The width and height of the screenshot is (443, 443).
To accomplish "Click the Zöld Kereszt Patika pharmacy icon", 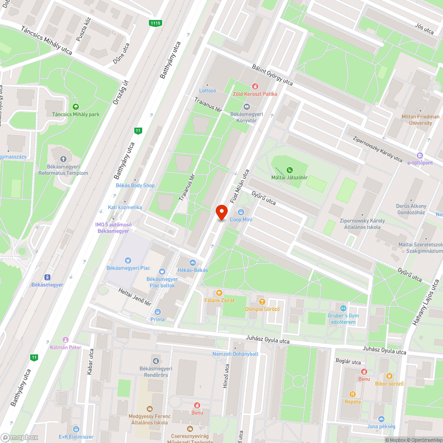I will (255, 86).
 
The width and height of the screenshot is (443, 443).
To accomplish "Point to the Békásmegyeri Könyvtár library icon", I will (247, 106).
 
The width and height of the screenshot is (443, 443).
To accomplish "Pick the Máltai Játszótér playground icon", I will (290, 170).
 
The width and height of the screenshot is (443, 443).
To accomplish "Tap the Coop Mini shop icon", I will (241, 212).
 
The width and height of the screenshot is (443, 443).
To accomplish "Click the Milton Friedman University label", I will (420, 120).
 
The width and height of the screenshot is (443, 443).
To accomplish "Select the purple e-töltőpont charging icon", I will (420, 155).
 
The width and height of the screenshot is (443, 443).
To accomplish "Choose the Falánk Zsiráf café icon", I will (218, 293).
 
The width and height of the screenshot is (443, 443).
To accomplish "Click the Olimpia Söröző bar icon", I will (262, 302).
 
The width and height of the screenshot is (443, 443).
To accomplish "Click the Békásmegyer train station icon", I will (47, 277).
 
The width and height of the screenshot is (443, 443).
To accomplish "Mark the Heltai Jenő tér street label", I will (136, 297).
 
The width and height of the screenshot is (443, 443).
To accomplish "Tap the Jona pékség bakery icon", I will (381, 419).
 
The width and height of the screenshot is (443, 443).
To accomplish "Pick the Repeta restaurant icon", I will (353, 394).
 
